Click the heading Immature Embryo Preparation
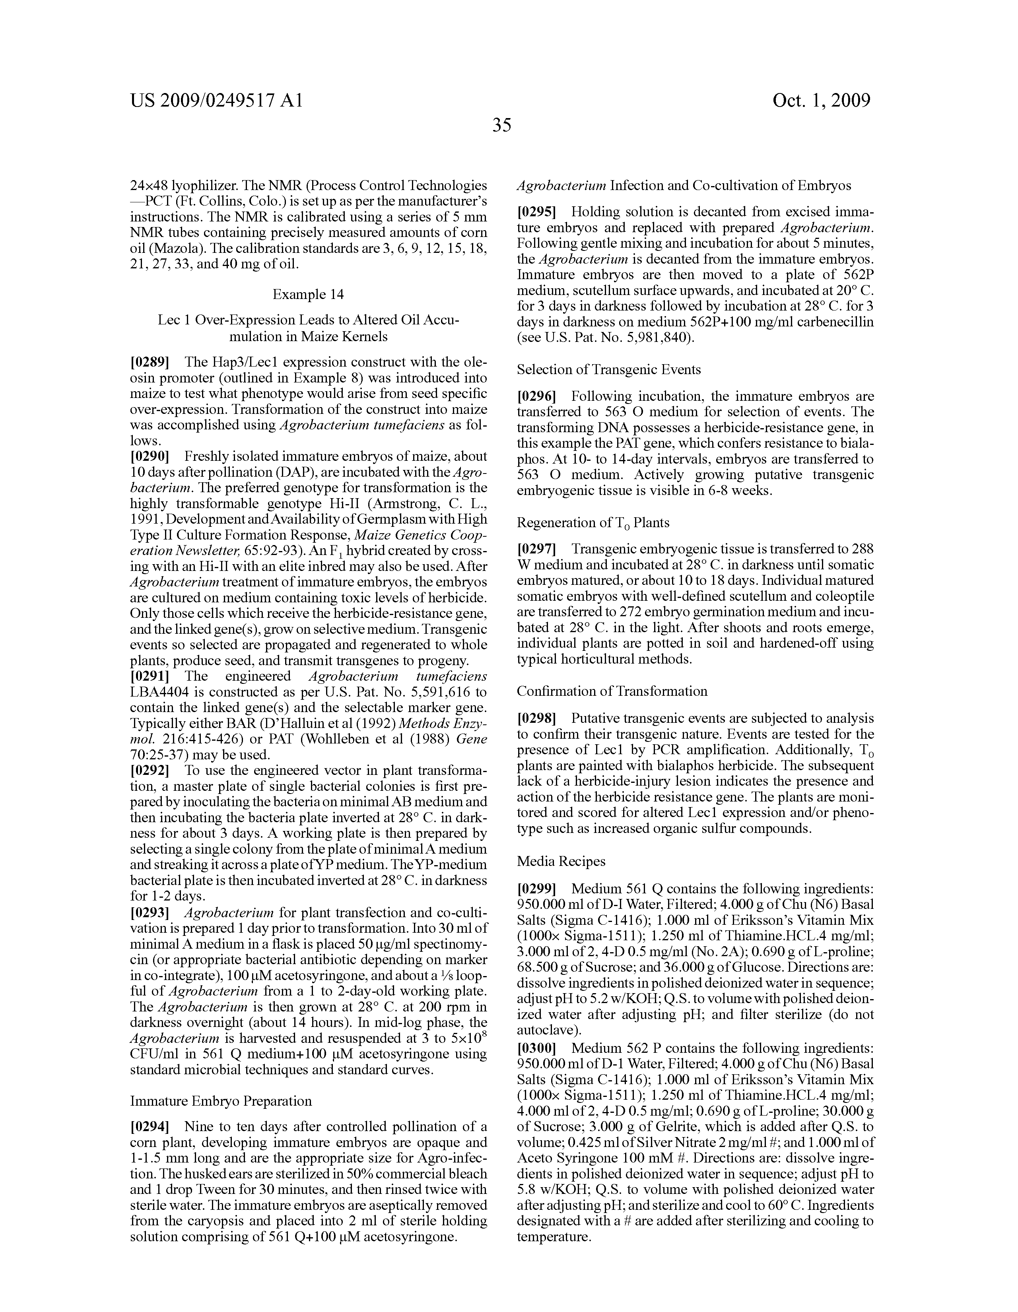coord(221,1101)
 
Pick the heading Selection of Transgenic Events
coord(609,369)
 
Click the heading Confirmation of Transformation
coord(612,691)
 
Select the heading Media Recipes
coord(561,861)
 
